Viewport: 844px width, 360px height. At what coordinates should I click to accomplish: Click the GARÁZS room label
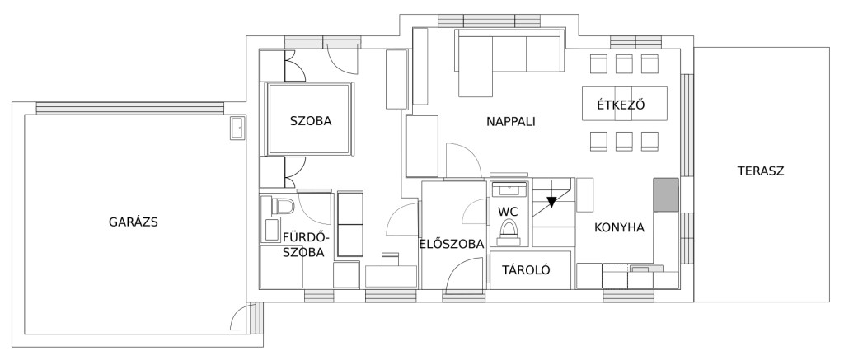(133, 222)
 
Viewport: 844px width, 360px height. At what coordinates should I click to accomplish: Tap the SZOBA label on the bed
(311, 121)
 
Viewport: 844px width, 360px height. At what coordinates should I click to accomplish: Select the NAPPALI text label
(511, 122)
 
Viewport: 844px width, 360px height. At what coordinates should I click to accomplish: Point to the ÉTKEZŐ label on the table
(621, 105)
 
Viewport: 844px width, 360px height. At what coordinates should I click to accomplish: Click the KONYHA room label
(619, 227)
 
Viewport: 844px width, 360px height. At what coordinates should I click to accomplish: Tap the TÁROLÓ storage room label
(526, 270)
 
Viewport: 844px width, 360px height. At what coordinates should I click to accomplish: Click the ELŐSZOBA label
(452, 244)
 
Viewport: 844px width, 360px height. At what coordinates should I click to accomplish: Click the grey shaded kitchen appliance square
(666, 194)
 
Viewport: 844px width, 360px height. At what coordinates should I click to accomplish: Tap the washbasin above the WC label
(509, 189)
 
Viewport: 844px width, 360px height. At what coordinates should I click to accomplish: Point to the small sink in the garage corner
(237, 128)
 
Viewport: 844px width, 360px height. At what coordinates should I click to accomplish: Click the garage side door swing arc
(241, 313)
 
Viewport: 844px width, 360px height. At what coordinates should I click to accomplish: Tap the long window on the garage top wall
(129, 108)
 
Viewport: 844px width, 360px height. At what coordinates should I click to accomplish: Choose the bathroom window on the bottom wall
(319, 296)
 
